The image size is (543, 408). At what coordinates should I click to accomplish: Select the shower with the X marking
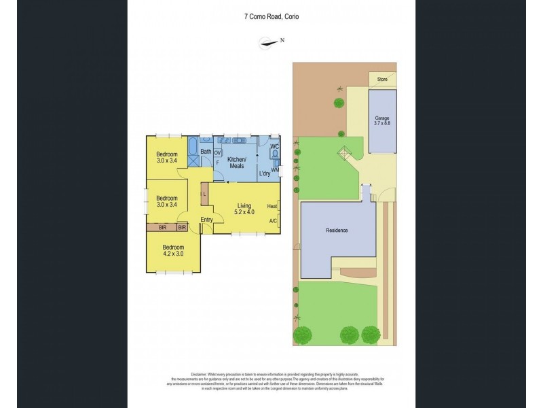pos(194,163)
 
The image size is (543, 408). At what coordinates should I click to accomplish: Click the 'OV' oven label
pos(218,153)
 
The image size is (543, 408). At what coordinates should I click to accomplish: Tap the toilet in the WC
pos(274,155)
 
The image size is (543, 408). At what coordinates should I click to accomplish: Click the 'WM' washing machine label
pos(275,170)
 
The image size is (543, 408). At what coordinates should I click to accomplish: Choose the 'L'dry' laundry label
pos(265,174)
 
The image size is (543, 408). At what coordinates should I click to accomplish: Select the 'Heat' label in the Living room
pos(271,206)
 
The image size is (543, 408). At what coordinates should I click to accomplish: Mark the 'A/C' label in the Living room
pos(272,221)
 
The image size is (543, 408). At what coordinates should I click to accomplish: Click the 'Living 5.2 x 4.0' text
pos(244,209)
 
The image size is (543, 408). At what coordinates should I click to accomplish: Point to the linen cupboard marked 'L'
pos(204,194)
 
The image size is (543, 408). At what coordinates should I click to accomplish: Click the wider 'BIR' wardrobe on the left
pos(162,228)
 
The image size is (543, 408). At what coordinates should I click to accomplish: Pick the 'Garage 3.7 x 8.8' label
pos(382,120)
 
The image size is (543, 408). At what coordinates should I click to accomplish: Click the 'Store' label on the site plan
pos(382,79)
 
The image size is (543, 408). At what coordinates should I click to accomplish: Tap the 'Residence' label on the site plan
pos(337,231)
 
